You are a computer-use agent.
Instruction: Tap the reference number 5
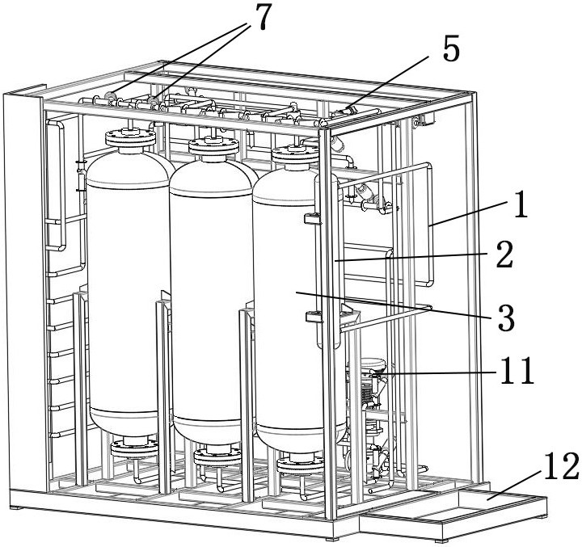(451, 50)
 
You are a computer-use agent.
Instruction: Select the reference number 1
(521, 205)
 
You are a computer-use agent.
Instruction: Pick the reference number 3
(506, 318)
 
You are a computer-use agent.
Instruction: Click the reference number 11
(516, 372)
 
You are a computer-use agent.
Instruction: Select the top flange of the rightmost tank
(293, 153)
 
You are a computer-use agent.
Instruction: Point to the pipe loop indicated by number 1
(428, 226)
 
